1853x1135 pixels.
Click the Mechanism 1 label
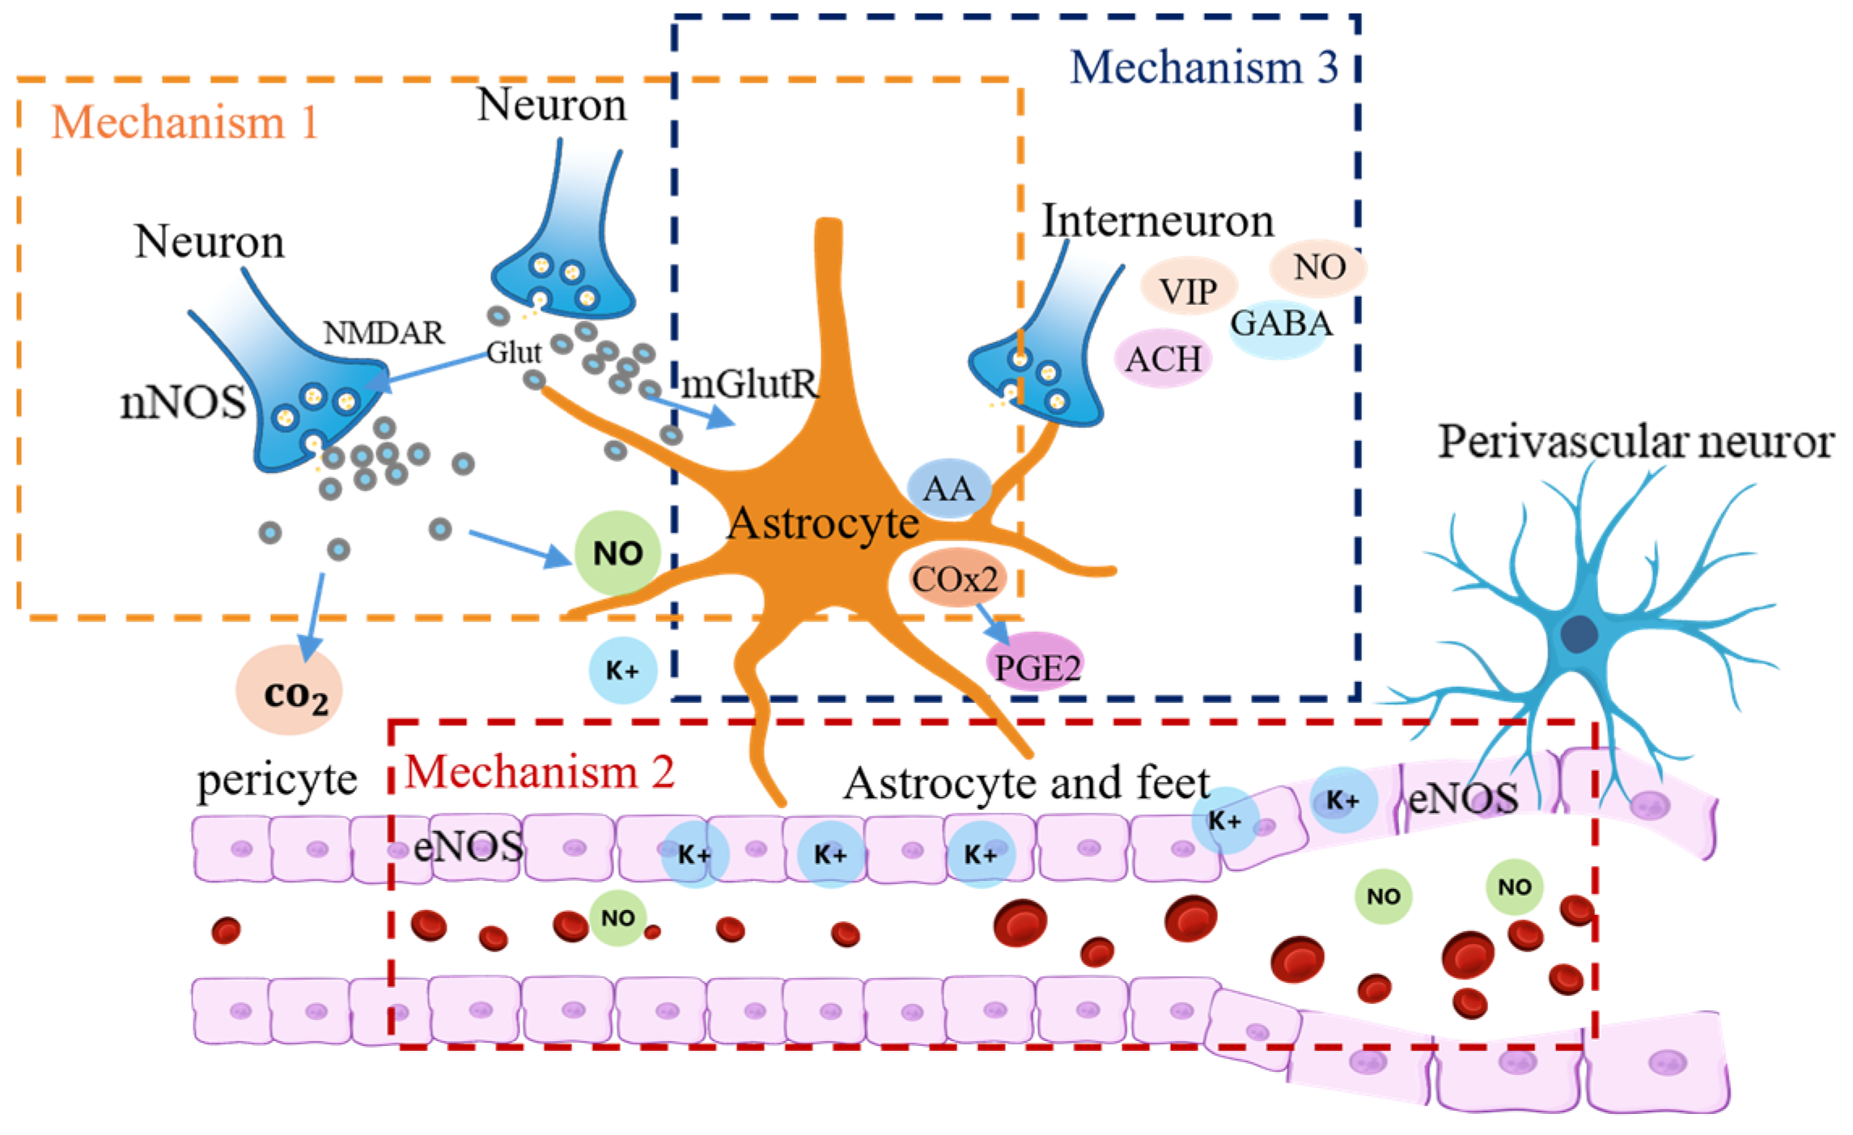(184, 123)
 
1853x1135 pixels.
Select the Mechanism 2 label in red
(539, 772)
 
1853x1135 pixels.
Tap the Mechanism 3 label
(1204, 67)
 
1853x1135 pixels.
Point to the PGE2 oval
(1036, 666)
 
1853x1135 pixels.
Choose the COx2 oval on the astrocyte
(956, 578)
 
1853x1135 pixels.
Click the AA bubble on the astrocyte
(948, 488)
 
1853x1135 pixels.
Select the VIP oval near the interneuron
(1188, 290)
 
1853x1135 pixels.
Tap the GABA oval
(1281, 324)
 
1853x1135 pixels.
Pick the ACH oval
(1164, 358)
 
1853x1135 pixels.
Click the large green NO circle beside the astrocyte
(617, 553)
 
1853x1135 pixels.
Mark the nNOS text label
(183, 402)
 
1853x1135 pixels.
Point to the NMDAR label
(384, 332)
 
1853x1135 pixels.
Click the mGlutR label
(749, 384)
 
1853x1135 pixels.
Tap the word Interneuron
(1157, 221)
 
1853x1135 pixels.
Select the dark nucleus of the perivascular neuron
(1580, 634)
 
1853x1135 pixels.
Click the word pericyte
(277, 781)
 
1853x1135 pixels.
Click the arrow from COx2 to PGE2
(993, 623)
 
